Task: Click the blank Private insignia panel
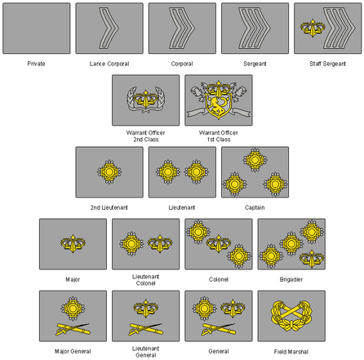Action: (x=37, y=29)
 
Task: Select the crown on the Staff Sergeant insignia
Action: (x=313, y=28)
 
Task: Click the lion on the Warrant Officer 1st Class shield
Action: (x=218, y=105)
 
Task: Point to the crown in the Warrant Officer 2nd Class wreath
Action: (x=146, y=99)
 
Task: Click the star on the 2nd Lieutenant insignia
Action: (x=109, y=172)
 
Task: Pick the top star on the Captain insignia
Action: (x=255, y=160)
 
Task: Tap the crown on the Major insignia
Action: (x=73, y=243)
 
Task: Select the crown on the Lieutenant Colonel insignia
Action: (x=160, y=243)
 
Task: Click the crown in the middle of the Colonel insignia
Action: (x=219, y=243)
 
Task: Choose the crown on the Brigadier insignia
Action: (x=312, y=259)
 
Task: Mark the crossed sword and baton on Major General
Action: (x=73, y=329)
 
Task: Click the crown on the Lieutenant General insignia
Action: (x=146, y=309)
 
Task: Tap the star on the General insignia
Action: (x=204, y=309)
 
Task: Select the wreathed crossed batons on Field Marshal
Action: (x=291, y=316)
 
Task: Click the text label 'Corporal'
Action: (x=182, y=64)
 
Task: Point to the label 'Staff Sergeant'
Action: (x=328, y=64)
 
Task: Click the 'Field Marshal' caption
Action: (x=291, y=352)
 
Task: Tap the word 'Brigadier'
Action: (x=291, y=279)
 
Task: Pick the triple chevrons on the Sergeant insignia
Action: (x=255, y=28)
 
